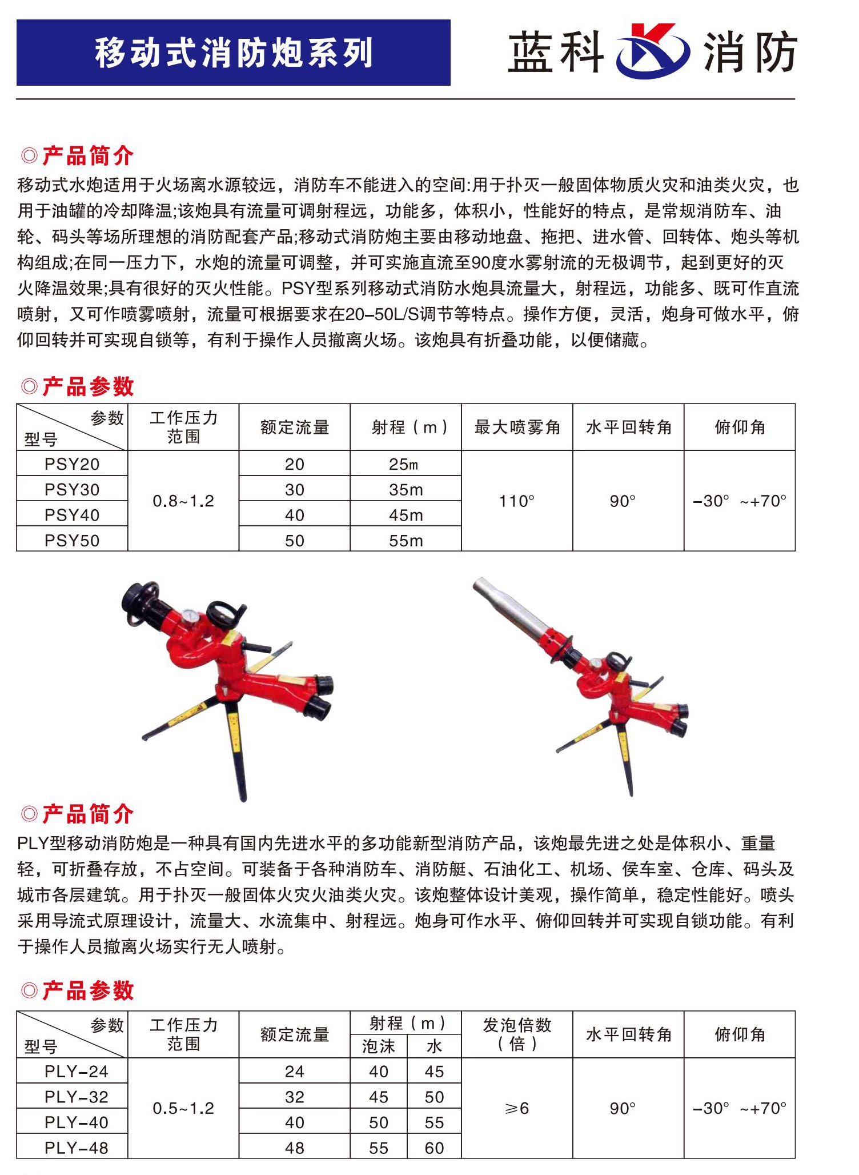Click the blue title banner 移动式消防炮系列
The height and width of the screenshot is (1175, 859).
233,53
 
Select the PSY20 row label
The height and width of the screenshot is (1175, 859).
72,464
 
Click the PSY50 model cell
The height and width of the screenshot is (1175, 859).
72,540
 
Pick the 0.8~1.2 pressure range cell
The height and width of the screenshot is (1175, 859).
183,501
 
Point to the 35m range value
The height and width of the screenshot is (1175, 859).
406,490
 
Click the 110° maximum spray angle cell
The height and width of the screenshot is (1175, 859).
517,501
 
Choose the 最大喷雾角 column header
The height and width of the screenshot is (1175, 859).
517,427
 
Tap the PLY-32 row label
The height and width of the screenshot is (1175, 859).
76,1097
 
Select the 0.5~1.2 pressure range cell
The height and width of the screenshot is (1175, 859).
183,1108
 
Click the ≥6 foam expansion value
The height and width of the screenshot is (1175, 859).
517,1108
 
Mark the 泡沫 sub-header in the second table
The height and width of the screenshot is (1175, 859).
378,1046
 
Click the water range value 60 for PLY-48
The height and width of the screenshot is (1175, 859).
434,1148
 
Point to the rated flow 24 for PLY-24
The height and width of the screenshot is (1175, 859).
294,1072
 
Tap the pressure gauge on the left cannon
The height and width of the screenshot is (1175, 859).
191,618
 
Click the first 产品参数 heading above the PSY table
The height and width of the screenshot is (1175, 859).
88,387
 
